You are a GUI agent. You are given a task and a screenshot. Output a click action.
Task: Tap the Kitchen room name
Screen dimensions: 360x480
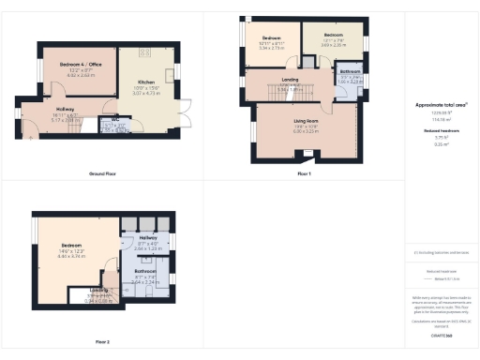146,82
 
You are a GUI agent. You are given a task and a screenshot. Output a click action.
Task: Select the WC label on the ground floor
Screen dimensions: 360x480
114,120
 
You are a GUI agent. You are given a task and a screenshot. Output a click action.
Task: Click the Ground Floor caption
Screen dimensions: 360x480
102,174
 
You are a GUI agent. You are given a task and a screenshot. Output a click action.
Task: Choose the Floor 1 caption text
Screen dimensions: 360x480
303,174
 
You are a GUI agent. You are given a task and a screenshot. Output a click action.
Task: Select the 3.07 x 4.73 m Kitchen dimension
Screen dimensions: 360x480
146,95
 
